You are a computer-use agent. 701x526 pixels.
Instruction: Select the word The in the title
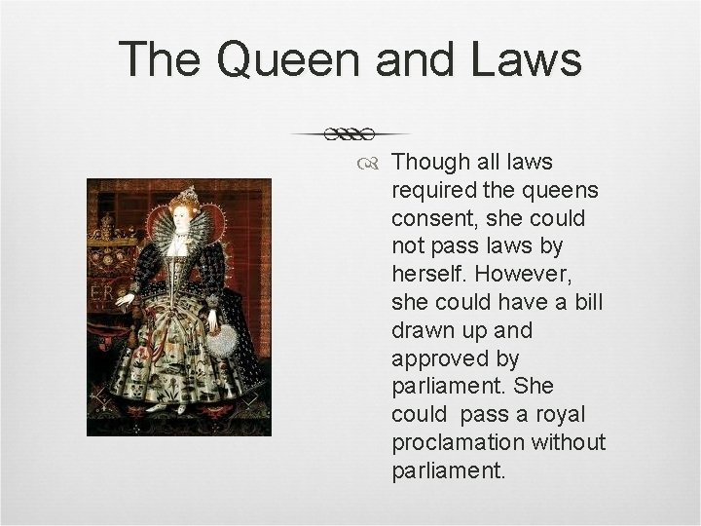(x=162, y=60)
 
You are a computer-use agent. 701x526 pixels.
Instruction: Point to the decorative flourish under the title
(x=350, y=131)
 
